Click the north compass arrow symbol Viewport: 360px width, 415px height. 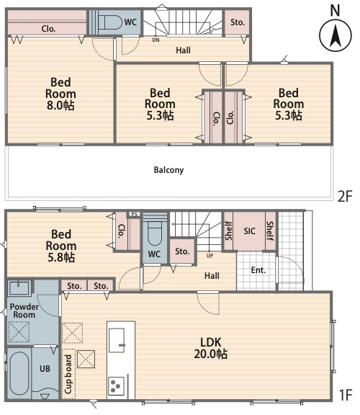pyautogui.click(x=336, y=35)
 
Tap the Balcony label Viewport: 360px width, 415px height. pyautogui.click(x=168, y=170)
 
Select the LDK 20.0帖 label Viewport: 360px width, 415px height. pyautogui.click(x=210, y=348)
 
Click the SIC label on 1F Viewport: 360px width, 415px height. pyautogui.click(x=249, y=231)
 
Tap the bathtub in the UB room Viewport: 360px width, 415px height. pyautogui.click(x=19, y=373)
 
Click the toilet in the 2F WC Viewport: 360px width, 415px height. pyautogui.click(x=109, y=22)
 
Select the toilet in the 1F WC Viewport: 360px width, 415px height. pyautogui.click(x=155, y=233)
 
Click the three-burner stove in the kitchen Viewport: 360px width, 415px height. pyautogui.click(x=117, y=386)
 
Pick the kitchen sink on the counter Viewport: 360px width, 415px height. pyautogui.click(x=117, y=340)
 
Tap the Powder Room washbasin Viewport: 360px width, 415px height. pyautogui.click(x=19, y=288)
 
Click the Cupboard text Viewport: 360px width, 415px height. pyautogui.click(x=68, y=374)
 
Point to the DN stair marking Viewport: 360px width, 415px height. pyautogui.click(x=156, y=40)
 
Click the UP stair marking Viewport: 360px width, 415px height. pyautogui.click(x=210, y=256)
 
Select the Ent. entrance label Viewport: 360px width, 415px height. pyautogui.click(x=258, y=270)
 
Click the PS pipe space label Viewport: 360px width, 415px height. pyautogui.click(x=135, y=214)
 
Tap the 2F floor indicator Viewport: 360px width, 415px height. pyautogui.click(x=345, y=197)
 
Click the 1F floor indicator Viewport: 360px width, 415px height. pyautogui.click(x=346, y=395)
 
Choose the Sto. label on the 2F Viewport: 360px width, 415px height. pyautogui.click(x=238, y=22)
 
